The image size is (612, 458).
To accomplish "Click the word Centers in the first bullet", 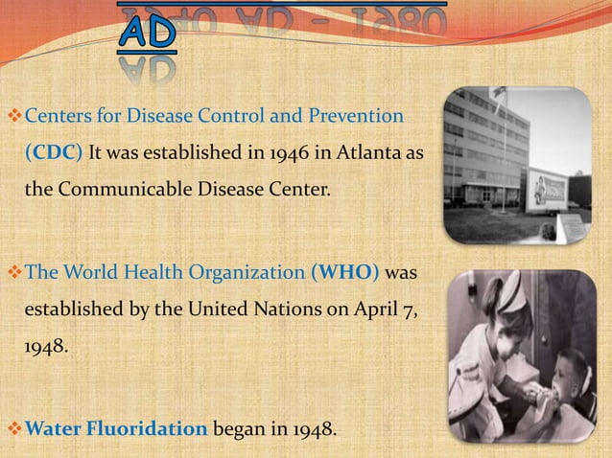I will click(55, 118).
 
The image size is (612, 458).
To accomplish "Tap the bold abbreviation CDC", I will click(48, 153).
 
